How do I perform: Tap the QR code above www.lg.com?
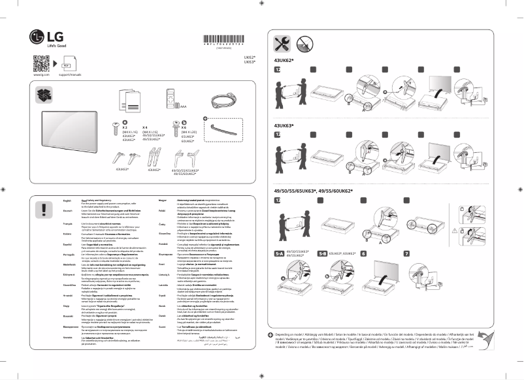click(x=41, y=64)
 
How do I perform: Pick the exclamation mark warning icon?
click(x=44, y=209)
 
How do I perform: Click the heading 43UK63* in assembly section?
click(x=284, y=125)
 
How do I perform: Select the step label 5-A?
click(x=279, y=253)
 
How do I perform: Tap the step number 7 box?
click(x=406, y=253)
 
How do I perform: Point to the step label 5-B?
click(x=322, y=253)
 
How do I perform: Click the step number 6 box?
click(x=363, y=253)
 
